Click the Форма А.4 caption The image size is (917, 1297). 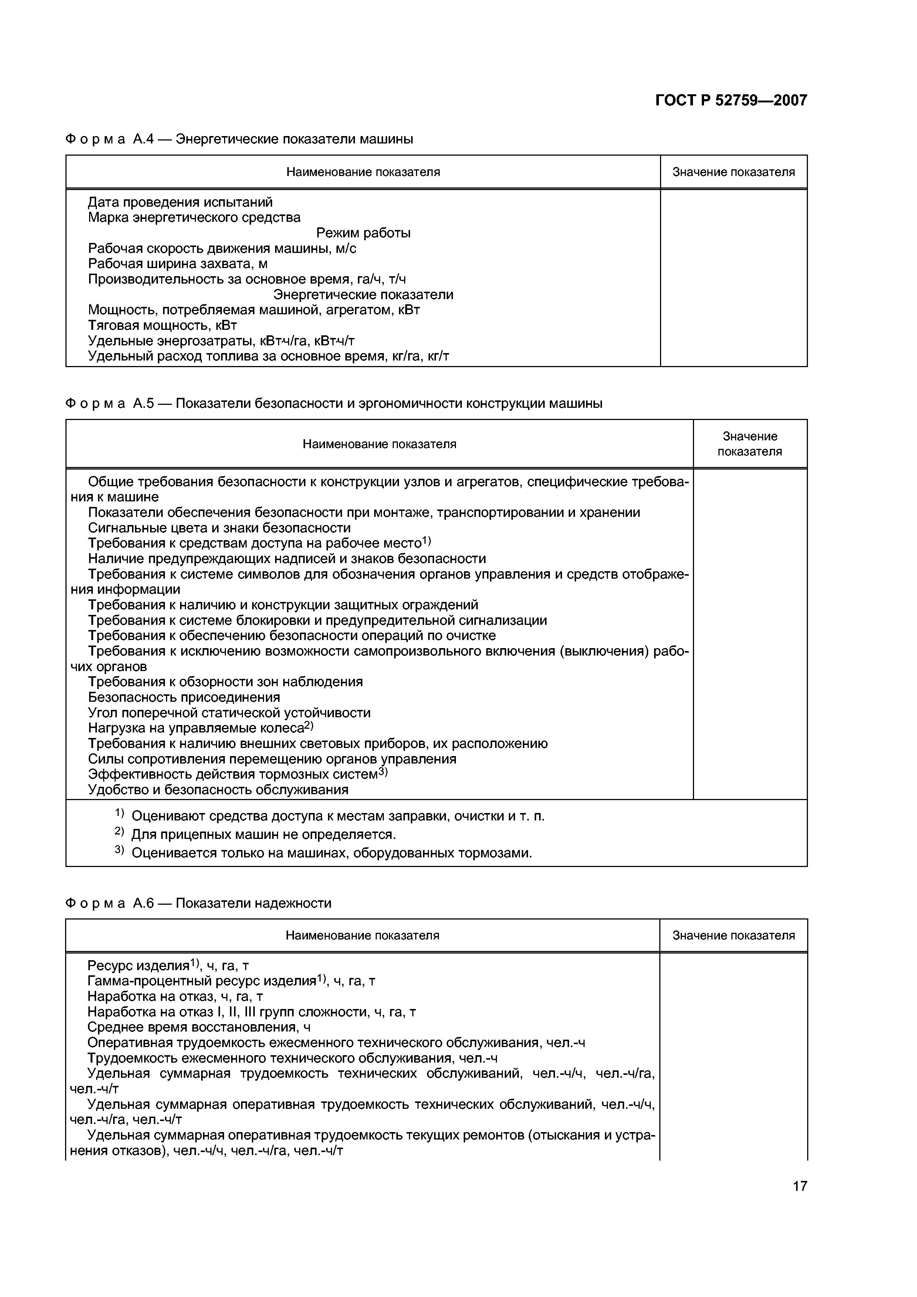239,139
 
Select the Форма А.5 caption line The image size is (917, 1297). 334,403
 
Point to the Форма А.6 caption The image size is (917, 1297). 198,903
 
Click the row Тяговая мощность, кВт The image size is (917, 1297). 162,325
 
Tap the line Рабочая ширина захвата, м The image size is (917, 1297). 177,264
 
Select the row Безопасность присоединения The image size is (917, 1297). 184,697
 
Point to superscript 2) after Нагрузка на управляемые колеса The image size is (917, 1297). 308,725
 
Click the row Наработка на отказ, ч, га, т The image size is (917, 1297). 175,996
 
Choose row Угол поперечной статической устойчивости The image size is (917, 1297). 229,713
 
